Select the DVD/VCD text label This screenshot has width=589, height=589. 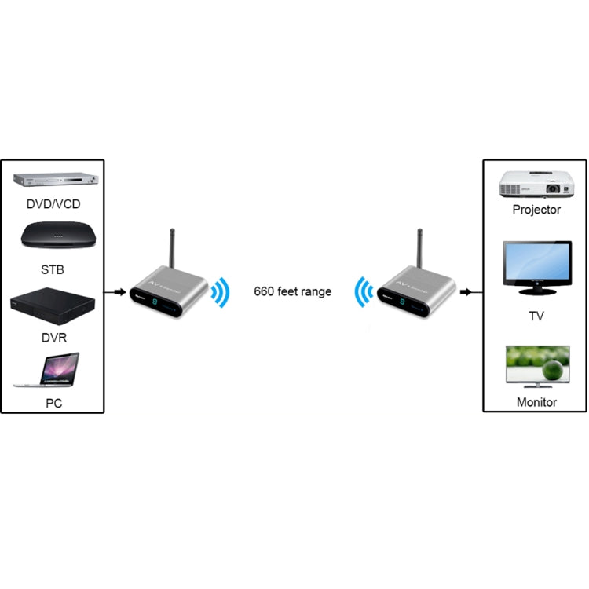(x=53, y=205)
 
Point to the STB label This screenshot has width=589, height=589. (x=53, y=270)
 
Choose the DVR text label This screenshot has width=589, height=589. (x=53, y=338)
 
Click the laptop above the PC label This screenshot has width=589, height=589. (x=49, y=371)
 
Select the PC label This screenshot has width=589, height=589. (x=53, y=404)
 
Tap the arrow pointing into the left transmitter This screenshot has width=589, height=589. (x=119, y=292)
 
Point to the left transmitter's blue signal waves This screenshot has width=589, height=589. (x=221, y=293)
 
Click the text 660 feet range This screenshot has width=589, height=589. (x=292, y=292)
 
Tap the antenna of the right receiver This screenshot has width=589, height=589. (x=420, y=249)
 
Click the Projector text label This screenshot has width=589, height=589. (x=536, y=210)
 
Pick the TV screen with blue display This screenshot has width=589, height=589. (x=537, y=268)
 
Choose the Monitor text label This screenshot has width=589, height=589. (x=537, y=402)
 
